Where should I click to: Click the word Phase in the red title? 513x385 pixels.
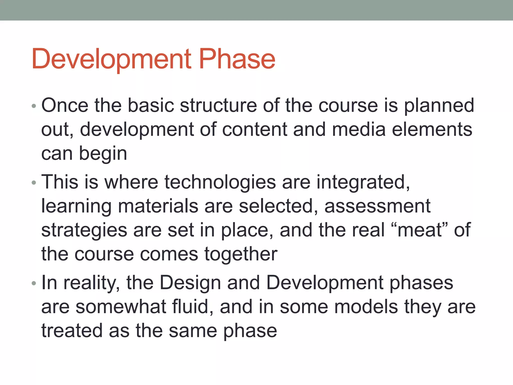[x=237, y=59]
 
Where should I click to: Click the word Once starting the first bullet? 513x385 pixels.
[x=65, y=105]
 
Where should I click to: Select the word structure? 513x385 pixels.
[x=218, y=105]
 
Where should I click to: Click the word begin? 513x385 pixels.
[x=103, y=154]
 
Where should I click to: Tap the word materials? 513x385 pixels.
[x=158, y=206]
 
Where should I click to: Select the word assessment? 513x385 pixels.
[x=377, y=206]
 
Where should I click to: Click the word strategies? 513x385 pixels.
[x=84, y=231]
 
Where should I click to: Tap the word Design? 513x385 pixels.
[x=190, y=283]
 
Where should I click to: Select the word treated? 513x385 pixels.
[x=72, y=330]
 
